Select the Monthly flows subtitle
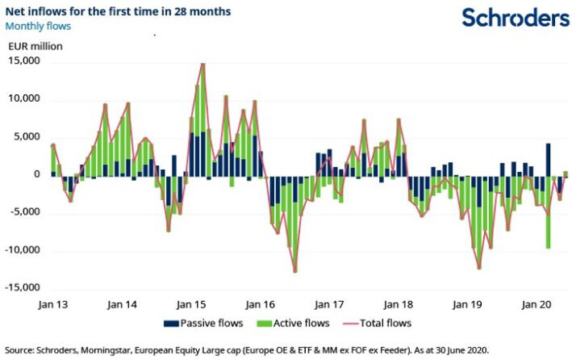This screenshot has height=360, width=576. click(x=38, y=27)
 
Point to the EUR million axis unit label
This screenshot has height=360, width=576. click(x=35, y=46)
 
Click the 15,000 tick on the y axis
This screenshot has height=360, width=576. click(x=24, y=62)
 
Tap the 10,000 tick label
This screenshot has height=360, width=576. click(x=24, y=99)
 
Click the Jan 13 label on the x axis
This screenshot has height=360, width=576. click(x=52, y=306)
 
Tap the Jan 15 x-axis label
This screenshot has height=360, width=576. click(x=191, y=306)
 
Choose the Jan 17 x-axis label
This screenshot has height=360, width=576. click(x=329, y=306)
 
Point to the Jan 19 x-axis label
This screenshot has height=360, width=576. click(x=468, y=306)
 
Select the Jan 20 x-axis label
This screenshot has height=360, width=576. click(x=536, y=306)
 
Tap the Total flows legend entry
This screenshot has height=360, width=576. click(x=382, y=324)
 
